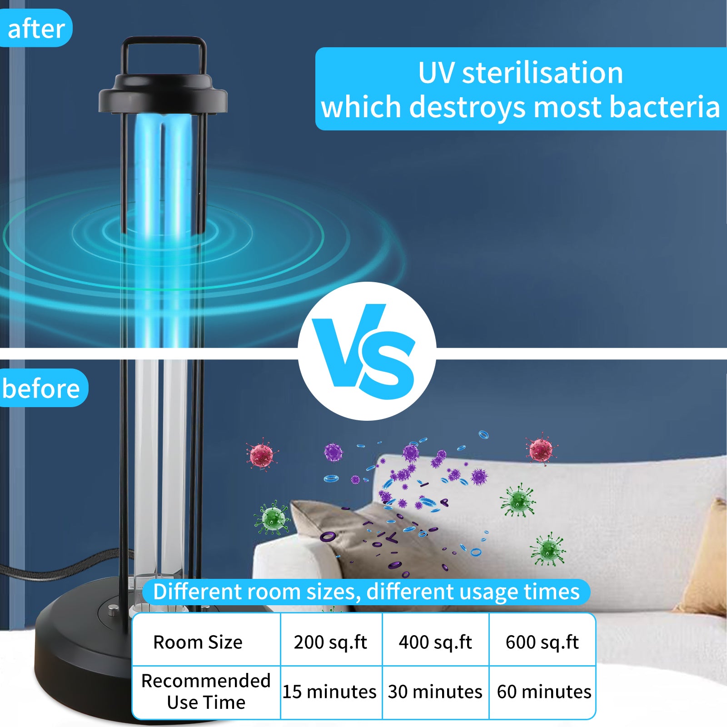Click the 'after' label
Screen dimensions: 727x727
coord(36,29)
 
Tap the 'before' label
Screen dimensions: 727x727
coord(42,388)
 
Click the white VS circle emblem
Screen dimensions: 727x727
coord(367,351)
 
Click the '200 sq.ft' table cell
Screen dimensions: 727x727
coord(331,642)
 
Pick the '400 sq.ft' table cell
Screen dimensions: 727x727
coord(435,642)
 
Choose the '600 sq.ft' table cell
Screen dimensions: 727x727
coord(542,642)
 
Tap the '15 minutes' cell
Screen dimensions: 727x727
coord(330,692)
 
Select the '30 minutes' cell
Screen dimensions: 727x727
coord(435,692)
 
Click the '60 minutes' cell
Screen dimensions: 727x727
coord(544,692)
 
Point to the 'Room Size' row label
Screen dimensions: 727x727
coord(198,642)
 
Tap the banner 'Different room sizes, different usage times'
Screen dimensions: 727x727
coord(366,592)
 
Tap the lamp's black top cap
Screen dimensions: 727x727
coord(163,93)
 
